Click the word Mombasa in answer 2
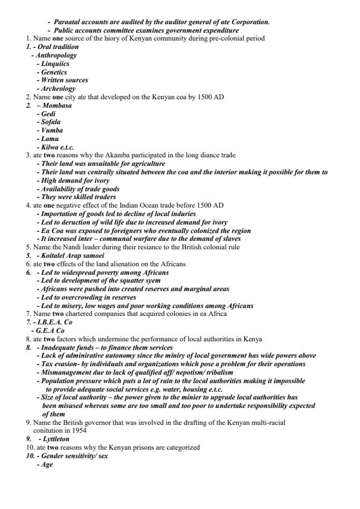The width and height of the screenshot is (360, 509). point(57,105)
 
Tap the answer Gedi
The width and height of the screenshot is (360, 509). point(48,114)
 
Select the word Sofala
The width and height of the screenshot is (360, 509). point(50,122)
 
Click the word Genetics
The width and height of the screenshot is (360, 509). point(54,71)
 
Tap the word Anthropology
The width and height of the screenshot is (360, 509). point(56,55)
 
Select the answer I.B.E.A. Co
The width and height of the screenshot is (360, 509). point(55,322)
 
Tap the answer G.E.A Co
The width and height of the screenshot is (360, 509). point(50,330)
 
